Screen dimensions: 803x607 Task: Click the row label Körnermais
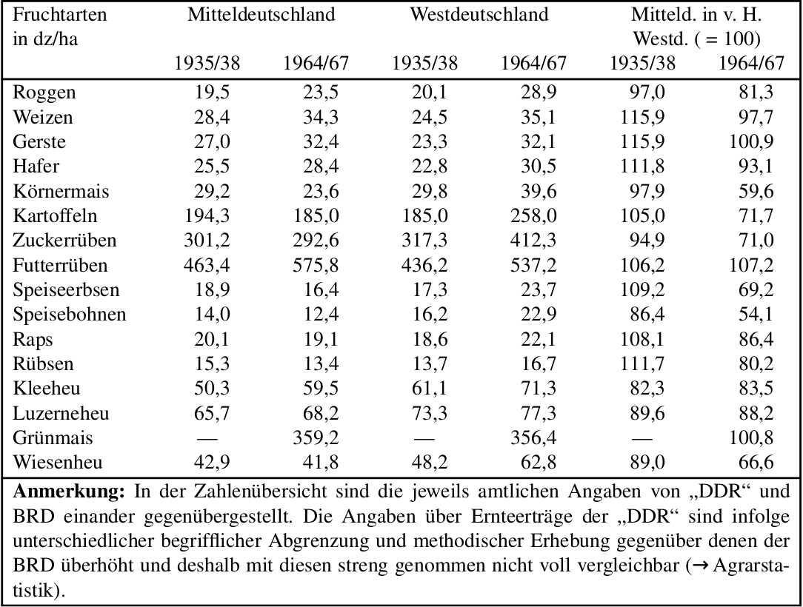click(x=61, y=191)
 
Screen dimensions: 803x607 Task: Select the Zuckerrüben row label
click(x=64, y=240)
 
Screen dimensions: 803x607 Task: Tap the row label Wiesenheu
click(x=58, y=462)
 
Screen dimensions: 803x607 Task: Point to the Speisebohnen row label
click(x=69, y=315)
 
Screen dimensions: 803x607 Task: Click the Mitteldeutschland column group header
click(x=261, y=14)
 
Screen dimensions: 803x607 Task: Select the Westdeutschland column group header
click(x=479, y=14)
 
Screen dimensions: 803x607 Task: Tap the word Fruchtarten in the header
click(x=60, y=14)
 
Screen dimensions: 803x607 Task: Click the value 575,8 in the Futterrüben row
click(x=316, y=265)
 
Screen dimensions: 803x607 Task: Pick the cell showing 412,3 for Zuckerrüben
click(x=533, y=240)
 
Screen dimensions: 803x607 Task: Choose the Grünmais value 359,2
click(x=316, y=437)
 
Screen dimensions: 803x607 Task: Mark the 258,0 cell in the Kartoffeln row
click(x=533, y=215)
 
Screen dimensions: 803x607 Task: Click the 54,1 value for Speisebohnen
click(x=756, y=315)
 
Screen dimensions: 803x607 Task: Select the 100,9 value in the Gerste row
click(x=751, y=142)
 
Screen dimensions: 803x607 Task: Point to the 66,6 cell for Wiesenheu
click(x=756, y=462)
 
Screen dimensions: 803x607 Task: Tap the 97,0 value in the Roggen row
click(x=647, y=92)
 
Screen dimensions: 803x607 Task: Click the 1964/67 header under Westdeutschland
click(x=533, y=63)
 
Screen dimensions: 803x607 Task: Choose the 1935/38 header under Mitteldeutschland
click(x=207, y=63)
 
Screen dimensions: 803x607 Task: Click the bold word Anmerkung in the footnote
click(x=69, y=492)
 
